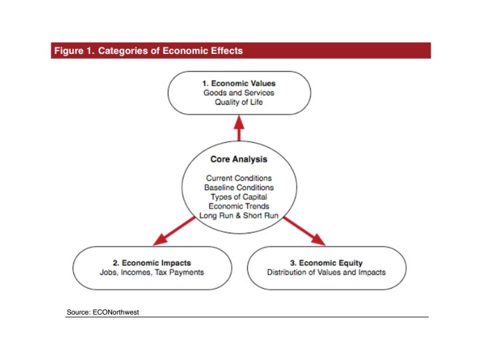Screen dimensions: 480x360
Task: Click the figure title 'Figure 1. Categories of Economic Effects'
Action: [x=147, y=51]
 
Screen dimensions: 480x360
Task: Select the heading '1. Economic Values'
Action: [x=239, y=83]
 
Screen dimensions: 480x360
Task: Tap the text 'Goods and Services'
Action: [x=239, y=93]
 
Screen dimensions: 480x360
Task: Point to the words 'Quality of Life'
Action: [x=239, y=102]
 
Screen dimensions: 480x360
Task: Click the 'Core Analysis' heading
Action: [x=239, y=159]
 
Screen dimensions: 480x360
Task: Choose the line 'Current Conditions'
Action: [x=239, y=178]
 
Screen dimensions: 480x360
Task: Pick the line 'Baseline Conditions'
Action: [x=239, y=187]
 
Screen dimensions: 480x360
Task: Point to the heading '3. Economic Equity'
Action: [x=326, y=263]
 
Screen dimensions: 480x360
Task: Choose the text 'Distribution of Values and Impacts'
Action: [x=326, y=272]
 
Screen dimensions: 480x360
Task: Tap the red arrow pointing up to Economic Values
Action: [x=239, y=127]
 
